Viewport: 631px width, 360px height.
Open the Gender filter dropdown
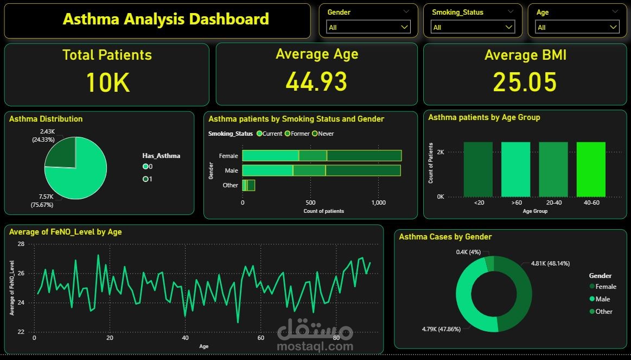point(368,27)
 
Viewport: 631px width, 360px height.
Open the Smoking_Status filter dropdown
point(472,27)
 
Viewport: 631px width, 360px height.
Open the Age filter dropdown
point(577,27)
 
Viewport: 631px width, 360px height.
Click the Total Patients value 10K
point(107,83)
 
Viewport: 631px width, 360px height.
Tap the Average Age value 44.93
point(316,81)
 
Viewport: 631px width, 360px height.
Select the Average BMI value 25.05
point(525,82)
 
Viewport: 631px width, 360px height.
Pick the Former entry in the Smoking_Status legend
point(298,134)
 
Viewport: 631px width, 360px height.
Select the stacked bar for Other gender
point(248,185)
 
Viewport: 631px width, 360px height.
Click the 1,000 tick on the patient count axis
point(379,203)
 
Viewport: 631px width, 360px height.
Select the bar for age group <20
point(478,169)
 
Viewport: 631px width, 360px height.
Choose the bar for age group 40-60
point(591,169)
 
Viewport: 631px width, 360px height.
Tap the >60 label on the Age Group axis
point(516,203)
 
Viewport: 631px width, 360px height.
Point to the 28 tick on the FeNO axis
point(21,244)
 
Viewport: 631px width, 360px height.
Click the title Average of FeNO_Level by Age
point(66,232)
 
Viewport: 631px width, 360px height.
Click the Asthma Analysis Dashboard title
point(165,20)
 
